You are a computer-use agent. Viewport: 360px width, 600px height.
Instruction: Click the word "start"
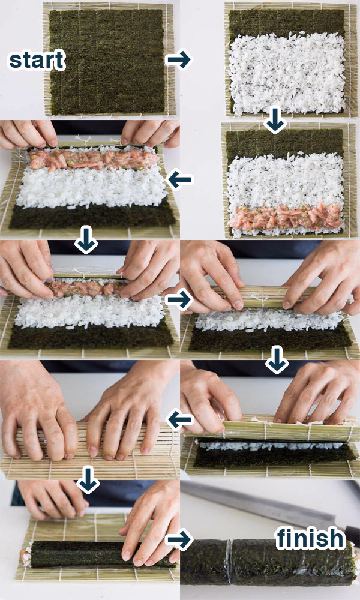click(x=36, y=60)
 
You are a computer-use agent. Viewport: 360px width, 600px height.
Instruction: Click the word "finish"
click(x=310, y=538)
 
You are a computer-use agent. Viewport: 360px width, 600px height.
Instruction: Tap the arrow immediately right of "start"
click(x=178, y=59)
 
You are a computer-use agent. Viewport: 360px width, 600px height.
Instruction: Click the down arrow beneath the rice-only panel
click(x=275, y=121)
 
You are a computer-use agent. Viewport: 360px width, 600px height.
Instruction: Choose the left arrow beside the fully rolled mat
click(x=178, y=420)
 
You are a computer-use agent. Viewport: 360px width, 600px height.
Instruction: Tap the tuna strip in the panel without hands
click(x=285, y=218)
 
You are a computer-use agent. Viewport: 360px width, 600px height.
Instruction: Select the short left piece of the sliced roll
click(x=204, y=562)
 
